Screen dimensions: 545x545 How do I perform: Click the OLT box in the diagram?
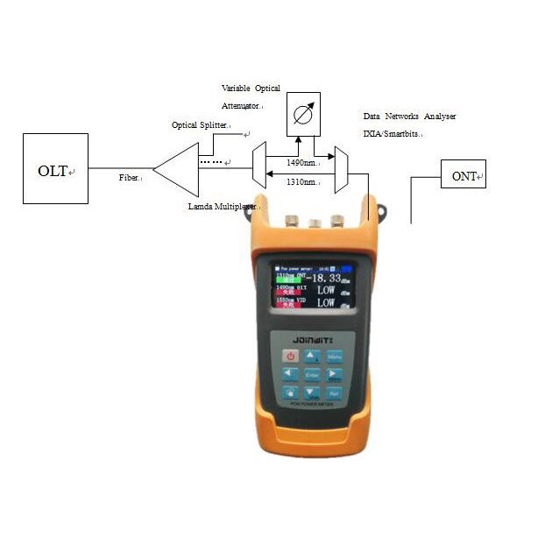tap(55, 168)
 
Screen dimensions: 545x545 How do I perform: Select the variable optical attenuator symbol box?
tap(303, 113)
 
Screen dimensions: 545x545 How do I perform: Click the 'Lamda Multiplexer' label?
tap(222, 207)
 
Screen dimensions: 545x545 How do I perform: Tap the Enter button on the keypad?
tap(312, 374)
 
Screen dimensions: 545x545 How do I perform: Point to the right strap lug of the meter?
tap(380, 210)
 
